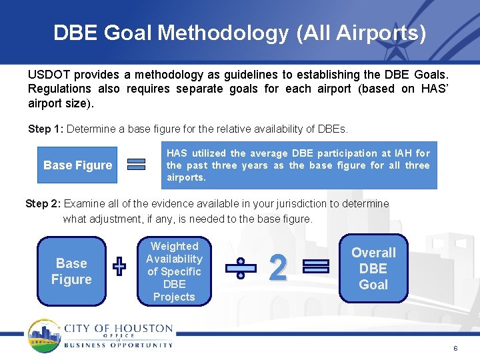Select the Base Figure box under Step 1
click(x=78, y=165)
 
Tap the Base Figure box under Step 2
click(x=71, y=271)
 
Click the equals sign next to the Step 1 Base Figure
click(x=137, y=165)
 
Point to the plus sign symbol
click(x=119, y=267)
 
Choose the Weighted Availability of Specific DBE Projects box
click(x=174, y=271)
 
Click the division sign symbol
click(x=240, y=268)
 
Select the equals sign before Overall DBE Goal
click(x=316, y=267)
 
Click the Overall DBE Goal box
click(x=373, y=269)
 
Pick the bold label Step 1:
click(x=45, y=129)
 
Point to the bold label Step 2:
click(x=43, y=204)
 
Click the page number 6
click(x=455, y=349)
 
